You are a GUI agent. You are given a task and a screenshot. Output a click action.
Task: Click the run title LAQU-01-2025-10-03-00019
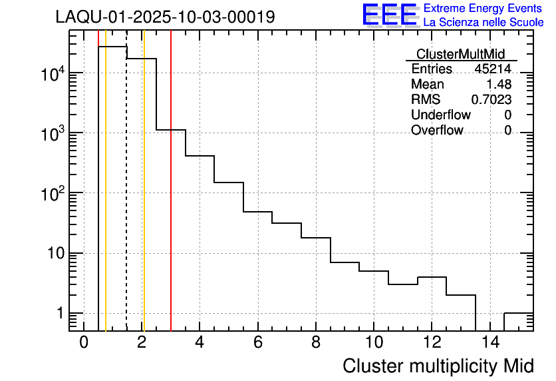click(x=165, y=17)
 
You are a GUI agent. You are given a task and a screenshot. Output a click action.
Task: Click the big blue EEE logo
click(x=390, y=15)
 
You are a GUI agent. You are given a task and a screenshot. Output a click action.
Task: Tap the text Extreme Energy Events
click(x=483, y=9)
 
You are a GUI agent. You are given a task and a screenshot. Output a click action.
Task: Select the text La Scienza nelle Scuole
click(x=483, y=22)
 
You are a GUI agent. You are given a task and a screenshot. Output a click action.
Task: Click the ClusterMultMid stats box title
click(x=460, y=54)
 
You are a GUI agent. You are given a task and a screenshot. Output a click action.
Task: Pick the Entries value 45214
click(x=493, y=69)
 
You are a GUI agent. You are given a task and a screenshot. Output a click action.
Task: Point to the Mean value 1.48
click(x=499, y=85)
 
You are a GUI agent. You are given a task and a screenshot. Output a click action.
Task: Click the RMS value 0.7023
click(x=491, y=100)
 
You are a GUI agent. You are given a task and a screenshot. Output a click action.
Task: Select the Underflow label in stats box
click(x=440, y=115)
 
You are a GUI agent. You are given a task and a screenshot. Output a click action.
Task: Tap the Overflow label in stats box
click(x=437, y=131)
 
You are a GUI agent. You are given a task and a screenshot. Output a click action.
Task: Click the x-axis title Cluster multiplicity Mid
click(x=438, y=366)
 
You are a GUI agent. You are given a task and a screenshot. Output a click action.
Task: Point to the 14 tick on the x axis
click(x=489, y=342)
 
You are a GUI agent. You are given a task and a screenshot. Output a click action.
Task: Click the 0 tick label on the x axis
click(x=84, y=342)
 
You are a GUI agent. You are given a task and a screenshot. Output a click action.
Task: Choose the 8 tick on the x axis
click(x=315, y=342)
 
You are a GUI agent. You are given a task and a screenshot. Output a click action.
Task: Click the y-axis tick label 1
click(x=59, y=314)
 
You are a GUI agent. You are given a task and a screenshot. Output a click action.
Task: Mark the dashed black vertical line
click(x=126, y=200)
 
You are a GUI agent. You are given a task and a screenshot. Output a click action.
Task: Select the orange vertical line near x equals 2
click(x=144, y=200)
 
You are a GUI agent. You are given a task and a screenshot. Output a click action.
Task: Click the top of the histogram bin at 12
click(x=432, y=277)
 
